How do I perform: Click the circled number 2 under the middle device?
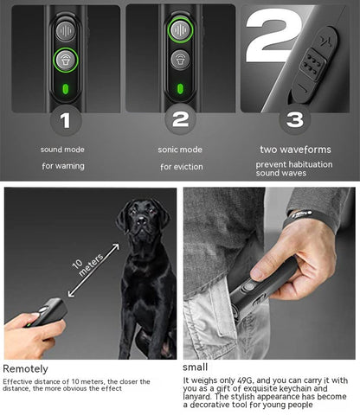(x=180, y=119)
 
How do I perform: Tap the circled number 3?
(x=295, y=119)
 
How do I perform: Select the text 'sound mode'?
(x=62, y=149)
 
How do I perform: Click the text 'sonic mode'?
(x=181, y=149)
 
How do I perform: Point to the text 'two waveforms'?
(x=294, y=150)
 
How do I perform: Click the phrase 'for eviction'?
(x=181, y=166)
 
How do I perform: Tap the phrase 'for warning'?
(x=62, y=166)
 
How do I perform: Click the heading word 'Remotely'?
(x=25, y=369)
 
